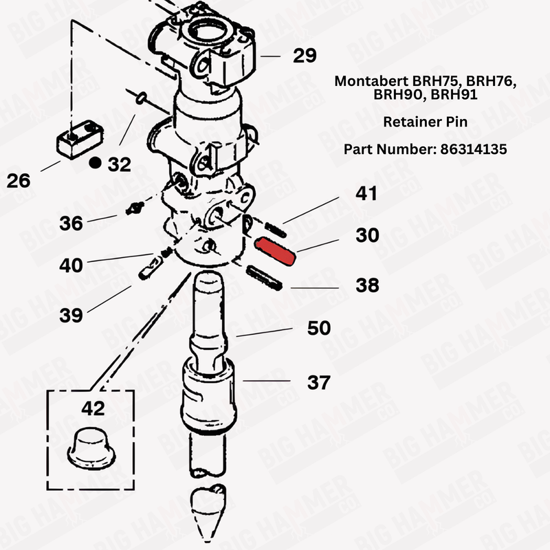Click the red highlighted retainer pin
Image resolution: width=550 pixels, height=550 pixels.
(x=275, y=250)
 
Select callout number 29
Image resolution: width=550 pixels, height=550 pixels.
(x=306, y=55)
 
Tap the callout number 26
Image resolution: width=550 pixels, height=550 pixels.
(x=19, y=181)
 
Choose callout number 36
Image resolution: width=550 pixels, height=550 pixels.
(x=71, y=223)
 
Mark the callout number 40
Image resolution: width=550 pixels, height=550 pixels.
(x=71, y=265)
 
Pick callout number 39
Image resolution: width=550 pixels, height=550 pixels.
(x=71, y=315)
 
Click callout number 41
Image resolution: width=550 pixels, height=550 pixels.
(x=366, y=194)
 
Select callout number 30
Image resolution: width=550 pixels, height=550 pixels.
(x=367, y=235)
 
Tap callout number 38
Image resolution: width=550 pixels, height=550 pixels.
(x=368, y=285)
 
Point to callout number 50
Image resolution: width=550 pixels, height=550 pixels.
(x=318, y=328)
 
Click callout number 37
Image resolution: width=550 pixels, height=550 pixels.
(x=318, y=382)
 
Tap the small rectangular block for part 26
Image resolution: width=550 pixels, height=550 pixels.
(x=78, y=138)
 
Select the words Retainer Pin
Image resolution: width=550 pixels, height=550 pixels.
(x=425, y=122)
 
